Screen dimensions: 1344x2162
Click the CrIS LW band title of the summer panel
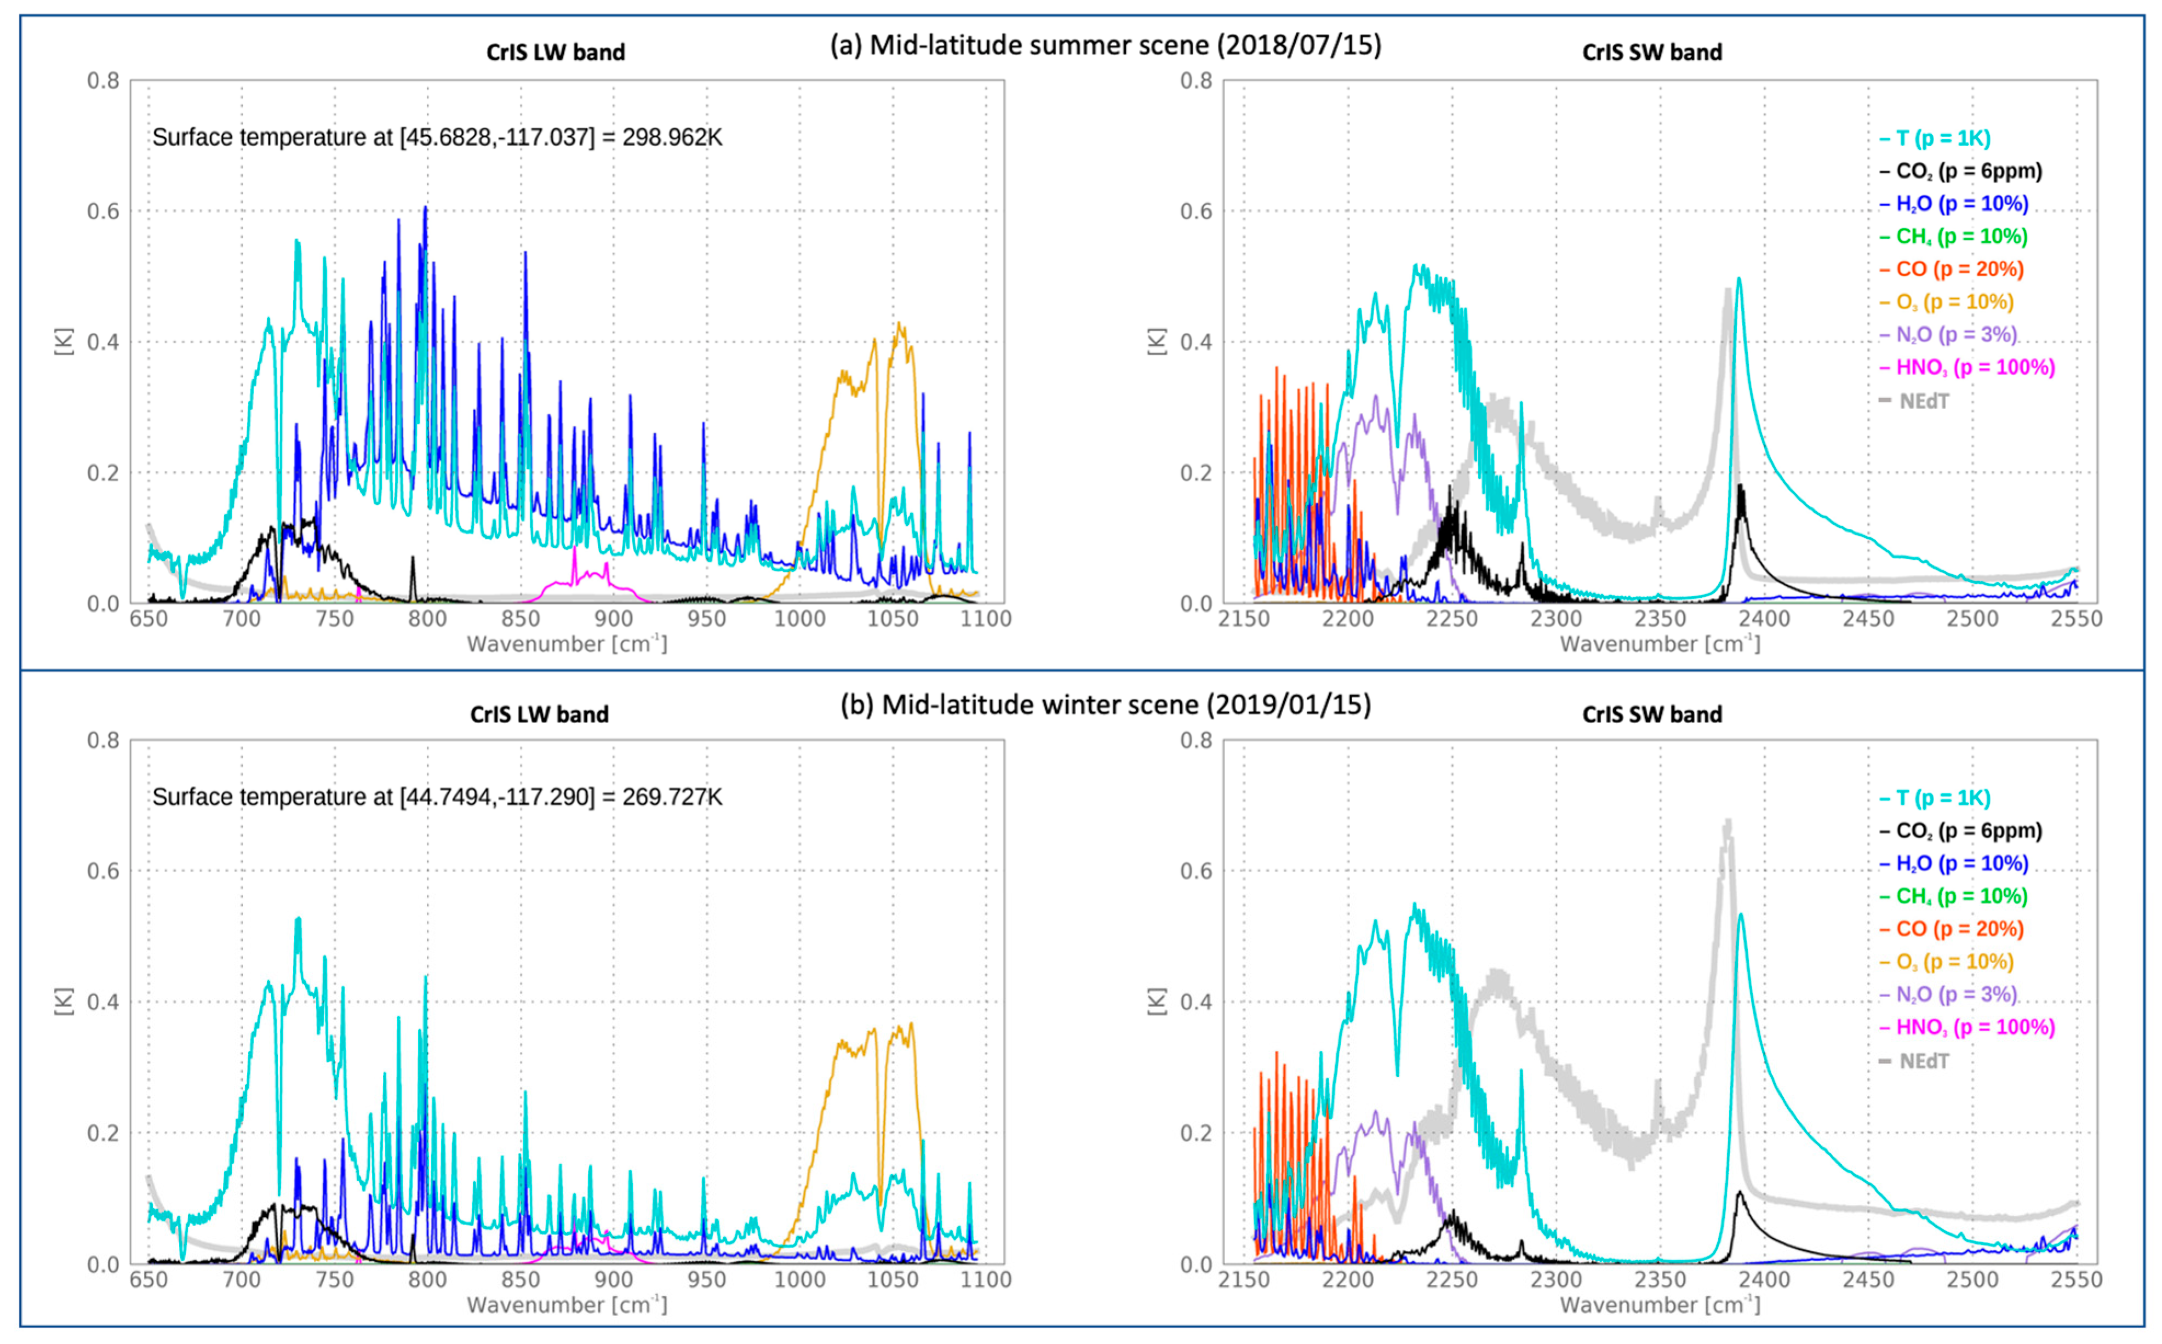click(556, 53)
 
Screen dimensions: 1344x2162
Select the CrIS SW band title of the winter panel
click(1651, 714)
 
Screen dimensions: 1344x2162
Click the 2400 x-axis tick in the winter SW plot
click(1764, 1279)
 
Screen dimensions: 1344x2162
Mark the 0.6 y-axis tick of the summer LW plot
click(103, 211)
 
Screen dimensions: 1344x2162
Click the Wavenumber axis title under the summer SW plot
click(1659, 644)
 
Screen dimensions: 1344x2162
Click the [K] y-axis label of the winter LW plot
click(64, 1001)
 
